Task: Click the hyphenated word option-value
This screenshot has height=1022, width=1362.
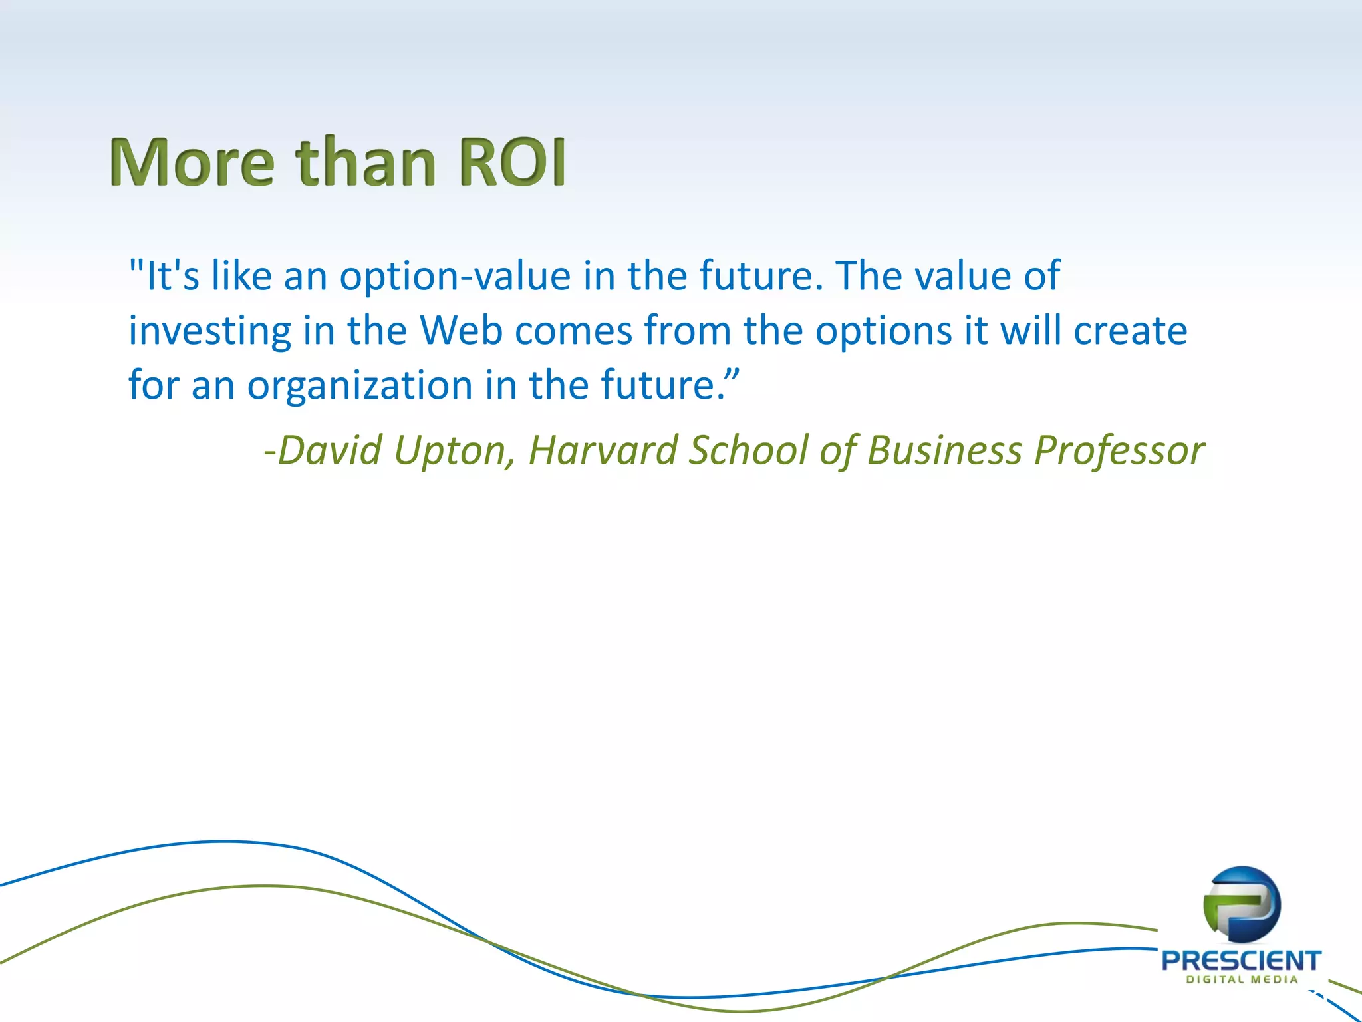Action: [455, 277]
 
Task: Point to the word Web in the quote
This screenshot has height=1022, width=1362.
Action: [460, 330]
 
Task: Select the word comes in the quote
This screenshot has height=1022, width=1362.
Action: [573, 331]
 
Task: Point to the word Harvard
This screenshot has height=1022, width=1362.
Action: [602, 450]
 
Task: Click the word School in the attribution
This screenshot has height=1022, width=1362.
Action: [748, 450]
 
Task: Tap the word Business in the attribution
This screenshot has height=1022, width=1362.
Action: [944, 450]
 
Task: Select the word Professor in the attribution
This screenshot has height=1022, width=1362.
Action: [1119, 451]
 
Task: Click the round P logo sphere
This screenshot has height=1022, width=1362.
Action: [1242, 904]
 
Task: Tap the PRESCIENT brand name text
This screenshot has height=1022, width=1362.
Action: [1241, 961]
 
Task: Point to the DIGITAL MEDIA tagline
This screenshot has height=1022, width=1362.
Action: [1242, 979]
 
